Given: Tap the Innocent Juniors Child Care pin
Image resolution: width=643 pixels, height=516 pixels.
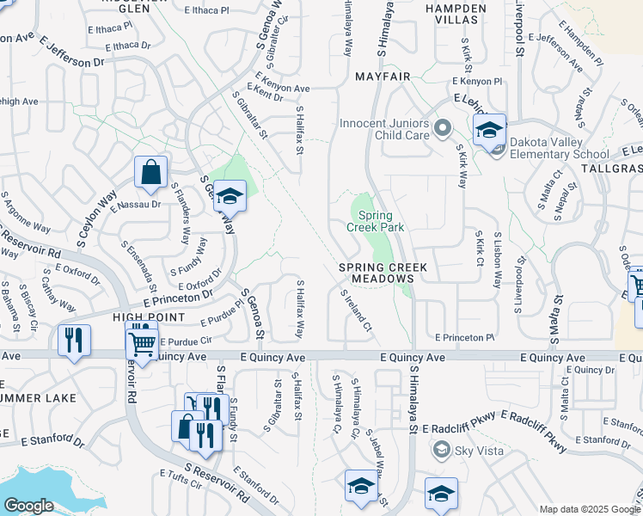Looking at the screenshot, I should pyautogui.click(x=443, y=129).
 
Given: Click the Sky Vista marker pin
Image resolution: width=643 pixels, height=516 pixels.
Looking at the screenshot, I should pyautogui.click(x=441, y=449).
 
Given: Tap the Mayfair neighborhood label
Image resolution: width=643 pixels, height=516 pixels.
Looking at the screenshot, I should pyautogui.click(x=380, y=77).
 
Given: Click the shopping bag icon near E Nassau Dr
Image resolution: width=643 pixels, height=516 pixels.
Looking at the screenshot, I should pyautogui.click(x=150, y=171).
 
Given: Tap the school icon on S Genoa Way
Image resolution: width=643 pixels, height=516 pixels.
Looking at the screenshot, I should pyautogui.click(x=230, y=196).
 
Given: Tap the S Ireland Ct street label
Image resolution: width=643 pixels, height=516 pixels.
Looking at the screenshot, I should pyautogui.click(x=355, y=310).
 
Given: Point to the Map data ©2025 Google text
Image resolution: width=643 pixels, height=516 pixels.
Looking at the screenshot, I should pyautogui.click(x=589, y=509).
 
